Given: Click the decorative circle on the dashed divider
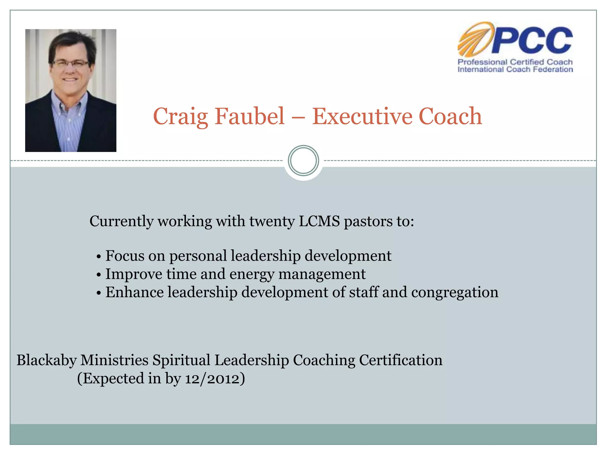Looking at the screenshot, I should tap(303, 161).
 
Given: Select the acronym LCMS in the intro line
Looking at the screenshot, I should tap(319, 221).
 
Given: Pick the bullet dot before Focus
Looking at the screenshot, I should tap(99, 257).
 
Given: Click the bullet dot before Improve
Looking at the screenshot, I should tap(99, 275).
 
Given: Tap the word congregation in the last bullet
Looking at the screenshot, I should tap(455, 293).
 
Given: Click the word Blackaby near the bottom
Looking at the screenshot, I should tap(47, 361).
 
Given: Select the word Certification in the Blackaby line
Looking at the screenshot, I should tap(401, 361).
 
